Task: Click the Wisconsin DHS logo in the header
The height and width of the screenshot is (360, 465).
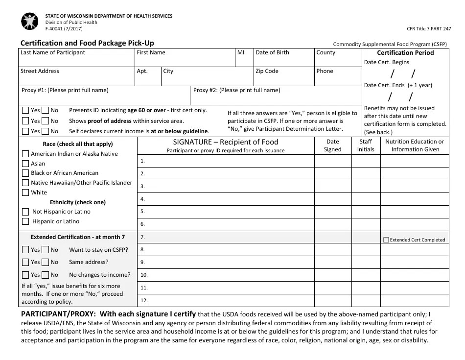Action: coord(30,22)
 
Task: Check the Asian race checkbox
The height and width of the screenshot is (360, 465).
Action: coord(25,164)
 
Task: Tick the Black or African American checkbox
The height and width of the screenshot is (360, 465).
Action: coord(25,173)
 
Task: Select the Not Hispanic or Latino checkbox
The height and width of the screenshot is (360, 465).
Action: coord(25,212)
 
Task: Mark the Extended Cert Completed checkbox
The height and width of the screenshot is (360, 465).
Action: coord(386,240)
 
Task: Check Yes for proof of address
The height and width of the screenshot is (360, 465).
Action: coord(25,121)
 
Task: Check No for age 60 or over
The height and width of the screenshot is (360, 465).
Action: coord(45,110)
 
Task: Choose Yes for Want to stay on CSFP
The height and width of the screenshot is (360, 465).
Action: coord(25,250)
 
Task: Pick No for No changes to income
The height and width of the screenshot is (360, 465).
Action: coord(45,275)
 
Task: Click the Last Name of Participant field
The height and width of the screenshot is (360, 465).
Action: coord(76,61)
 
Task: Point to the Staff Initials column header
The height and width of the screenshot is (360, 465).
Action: coord(366,145)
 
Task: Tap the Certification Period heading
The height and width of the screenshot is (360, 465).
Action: coord(405,53)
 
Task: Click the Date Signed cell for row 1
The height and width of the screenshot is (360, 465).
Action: coord(332,161)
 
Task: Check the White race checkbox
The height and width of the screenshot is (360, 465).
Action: coord(25,192)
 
